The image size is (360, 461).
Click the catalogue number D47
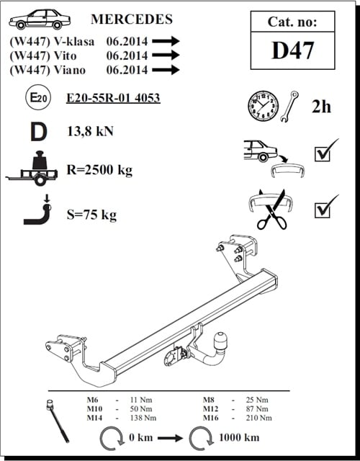pos(292,50)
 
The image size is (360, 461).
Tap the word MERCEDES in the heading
pos(132,19)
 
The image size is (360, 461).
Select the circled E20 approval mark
pos(38,97)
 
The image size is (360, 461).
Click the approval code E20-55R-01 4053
pos(113,98)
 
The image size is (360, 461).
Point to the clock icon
pos(263,106)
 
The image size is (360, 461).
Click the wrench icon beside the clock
pos(289,106)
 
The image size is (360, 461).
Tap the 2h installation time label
pos(321,107)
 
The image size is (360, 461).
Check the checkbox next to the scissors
pos(323,210)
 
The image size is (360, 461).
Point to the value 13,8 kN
pos(90,131)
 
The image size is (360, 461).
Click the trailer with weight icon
pos(32,169)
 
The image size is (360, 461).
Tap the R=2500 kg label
pos(99,170)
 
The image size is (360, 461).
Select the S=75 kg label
pos(91,215)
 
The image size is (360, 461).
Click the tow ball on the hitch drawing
pos(220,341)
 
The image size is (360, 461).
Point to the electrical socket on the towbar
pos(171,357)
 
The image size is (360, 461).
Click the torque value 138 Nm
pos(143,418)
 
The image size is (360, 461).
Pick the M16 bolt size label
pos(211,418)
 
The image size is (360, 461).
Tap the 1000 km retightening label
pos(239,437)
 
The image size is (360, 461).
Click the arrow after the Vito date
pos(166,55)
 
